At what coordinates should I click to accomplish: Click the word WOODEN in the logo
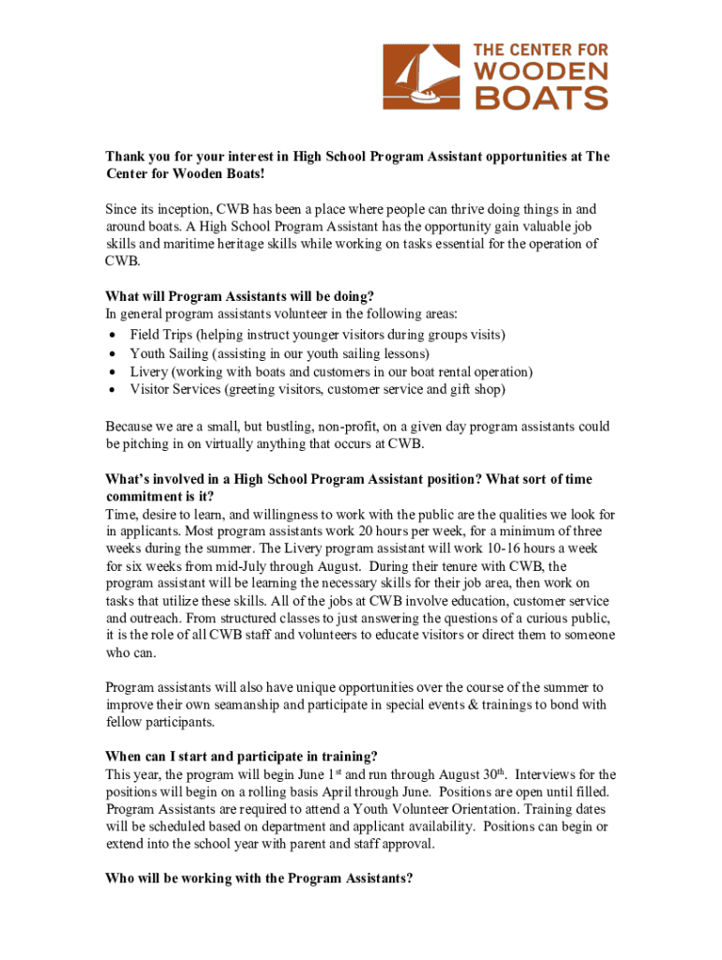[x=542, y=71]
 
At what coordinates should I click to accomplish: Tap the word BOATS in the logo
[x=541, y=97]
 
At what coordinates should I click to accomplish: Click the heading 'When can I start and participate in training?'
[x=241, y=756]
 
